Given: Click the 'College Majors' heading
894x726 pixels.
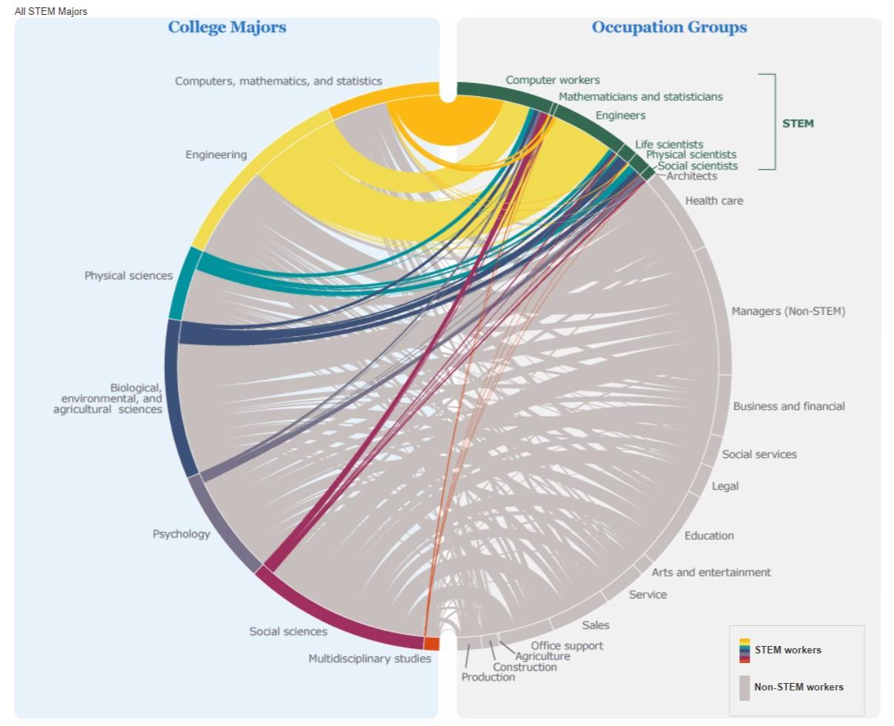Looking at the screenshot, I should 227,27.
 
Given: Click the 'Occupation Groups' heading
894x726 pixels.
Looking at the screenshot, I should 669,27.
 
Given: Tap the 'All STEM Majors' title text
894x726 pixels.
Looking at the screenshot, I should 51,11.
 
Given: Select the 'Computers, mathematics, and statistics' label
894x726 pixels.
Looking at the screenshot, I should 278,81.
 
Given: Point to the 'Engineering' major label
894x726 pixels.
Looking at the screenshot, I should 216,155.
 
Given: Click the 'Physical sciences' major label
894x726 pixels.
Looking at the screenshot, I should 128,276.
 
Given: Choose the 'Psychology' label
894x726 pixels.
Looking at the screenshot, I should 181,534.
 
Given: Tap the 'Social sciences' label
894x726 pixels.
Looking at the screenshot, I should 288,631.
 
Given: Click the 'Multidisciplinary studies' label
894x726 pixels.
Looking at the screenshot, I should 370,659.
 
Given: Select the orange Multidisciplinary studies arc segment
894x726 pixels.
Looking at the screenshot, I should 432,643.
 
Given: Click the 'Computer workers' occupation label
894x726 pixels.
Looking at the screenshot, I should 553,80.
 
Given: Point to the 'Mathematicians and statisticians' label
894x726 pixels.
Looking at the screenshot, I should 641,96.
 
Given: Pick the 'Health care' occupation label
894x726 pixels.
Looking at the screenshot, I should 714,201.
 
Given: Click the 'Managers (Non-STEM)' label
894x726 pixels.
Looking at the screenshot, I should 788,311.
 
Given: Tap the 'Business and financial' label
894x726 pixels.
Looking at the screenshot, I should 789,406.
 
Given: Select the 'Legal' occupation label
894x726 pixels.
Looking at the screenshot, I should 725,486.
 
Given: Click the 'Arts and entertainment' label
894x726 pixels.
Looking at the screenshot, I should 711,572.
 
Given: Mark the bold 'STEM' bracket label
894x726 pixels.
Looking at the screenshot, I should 798,124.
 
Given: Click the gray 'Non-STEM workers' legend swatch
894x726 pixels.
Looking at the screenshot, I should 744,687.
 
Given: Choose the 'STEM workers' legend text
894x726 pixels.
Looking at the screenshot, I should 788,650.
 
